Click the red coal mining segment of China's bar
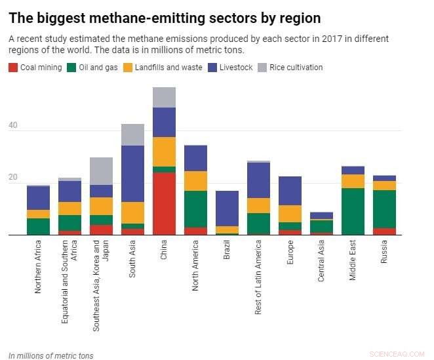tap(165, 203)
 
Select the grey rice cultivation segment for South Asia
tap(133, 134)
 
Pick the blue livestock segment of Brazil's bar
tap(227, 209)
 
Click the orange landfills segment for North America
tap(195, 181)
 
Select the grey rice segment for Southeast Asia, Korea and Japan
tap(102, 171)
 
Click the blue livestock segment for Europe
tap(290, 191)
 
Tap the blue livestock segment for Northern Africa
tap(39, 198)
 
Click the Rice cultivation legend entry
tap(290, 68)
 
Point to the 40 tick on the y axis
tap(12, 130)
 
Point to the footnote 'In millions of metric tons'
tap(51, 355)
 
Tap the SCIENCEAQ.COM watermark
tap(397, 353)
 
